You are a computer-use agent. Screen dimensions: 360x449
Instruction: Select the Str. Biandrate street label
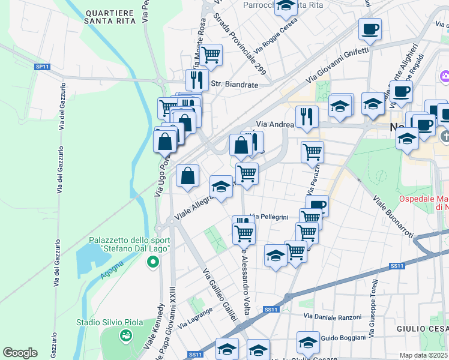(x=234, y=85)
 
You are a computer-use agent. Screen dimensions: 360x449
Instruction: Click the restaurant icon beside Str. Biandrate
(x=197, y=79)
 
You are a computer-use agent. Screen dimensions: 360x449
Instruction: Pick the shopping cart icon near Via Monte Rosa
(x=211, y=55)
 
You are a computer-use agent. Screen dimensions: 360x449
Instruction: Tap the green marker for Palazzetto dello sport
(x=153, y=262)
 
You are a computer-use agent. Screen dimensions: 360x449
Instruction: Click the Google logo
(x=20, y=353)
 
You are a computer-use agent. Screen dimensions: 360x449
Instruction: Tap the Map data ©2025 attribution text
(x=424, y=355)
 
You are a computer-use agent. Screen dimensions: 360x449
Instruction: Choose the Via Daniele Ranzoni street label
(x=333, y=316)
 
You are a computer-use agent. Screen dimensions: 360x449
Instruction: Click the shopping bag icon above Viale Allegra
(x=188, y=176)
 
